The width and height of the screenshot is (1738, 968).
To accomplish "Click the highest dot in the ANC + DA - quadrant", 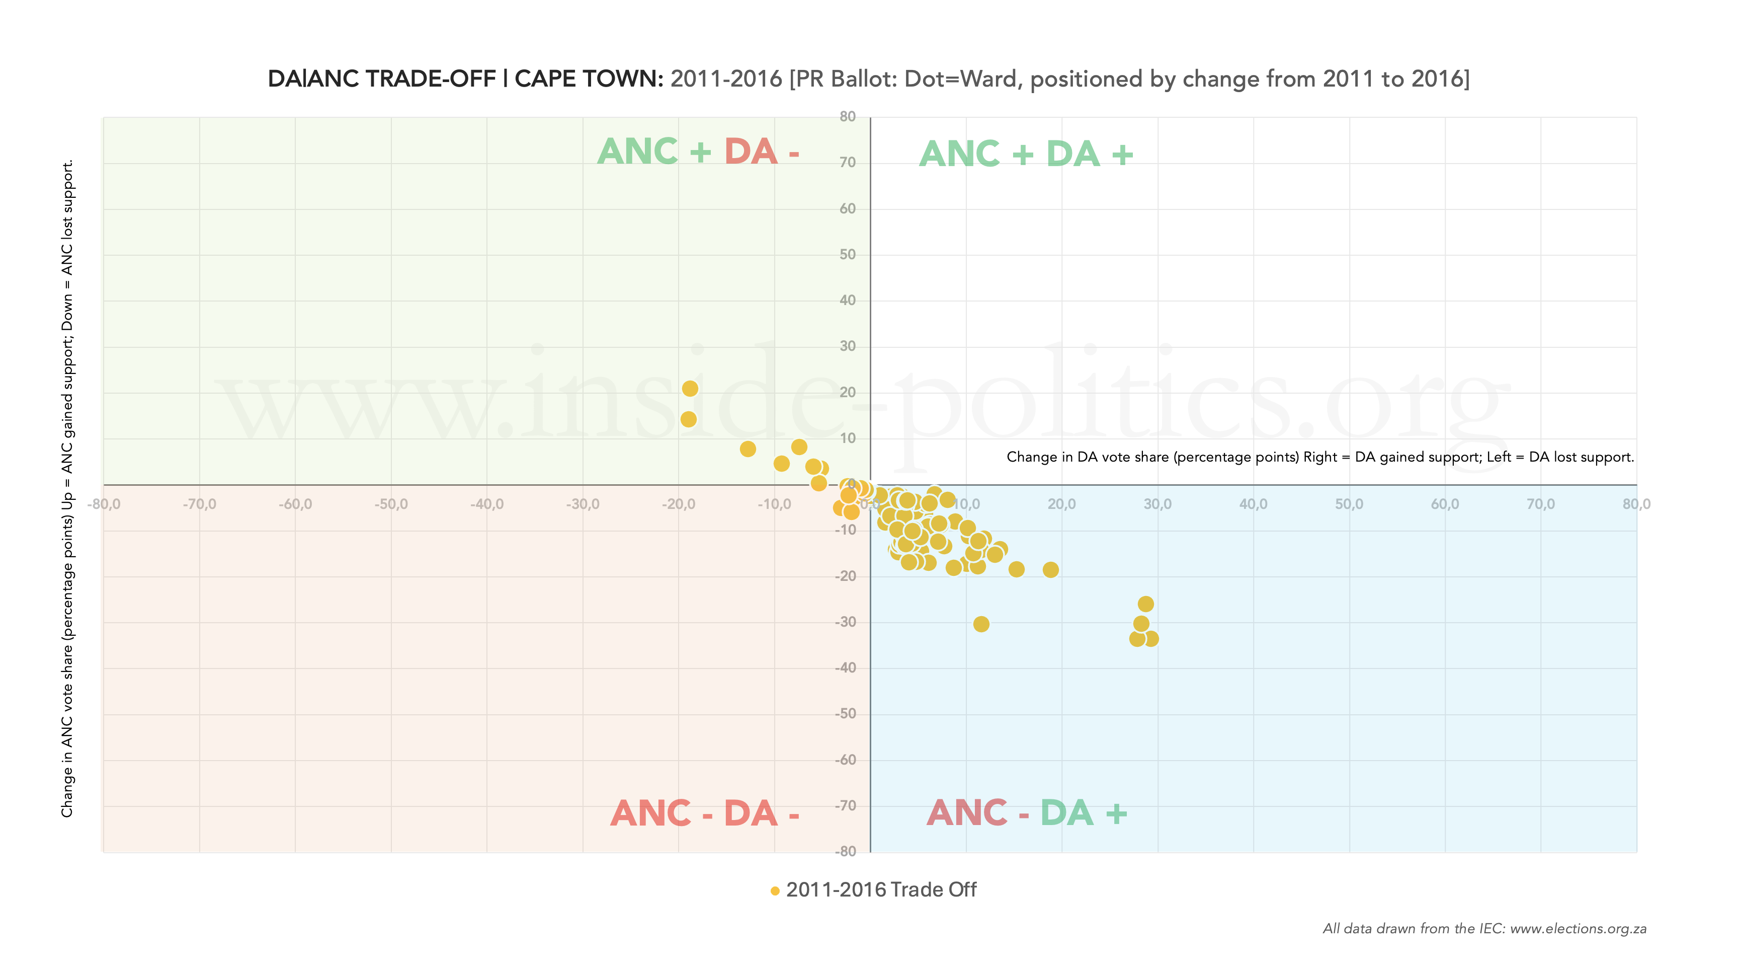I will point(690,388).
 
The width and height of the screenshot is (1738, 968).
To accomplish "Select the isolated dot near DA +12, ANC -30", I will point(981,624).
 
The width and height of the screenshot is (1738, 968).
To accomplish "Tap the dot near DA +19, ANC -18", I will point(1050,570).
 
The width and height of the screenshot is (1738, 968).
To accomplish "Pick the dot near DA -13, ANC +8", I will point(748,449).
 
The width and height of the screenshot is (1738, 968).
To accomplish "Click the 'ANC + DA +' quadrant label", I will point(1026,154).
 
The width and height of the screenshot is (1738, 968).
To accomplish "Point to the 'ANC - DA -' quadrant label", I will point(704,813).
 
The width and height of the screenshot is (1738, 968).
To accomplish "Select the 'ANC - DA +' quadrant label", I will point(1026,813).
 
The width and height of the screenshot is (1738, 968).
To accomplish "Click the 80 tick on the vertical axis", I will point(848,117).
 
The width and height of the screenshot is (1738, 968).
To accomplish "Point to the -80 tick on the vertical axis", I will point(846,851).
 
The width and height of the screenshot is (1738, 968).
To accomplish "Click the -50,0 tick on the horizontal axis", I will point(391,504).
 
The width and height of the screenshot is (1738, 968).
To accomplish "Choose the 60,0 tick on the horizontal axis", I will point(1445,504).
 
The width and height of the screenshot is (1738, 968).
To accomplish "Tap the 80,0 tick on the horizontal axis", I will point(1636,504).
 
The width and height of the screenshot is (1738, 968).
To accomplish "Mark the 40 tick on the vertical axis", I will point(848,301).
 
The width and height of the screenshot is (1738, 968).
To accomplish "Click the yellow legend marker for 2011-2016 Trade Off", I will point(775,891).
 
